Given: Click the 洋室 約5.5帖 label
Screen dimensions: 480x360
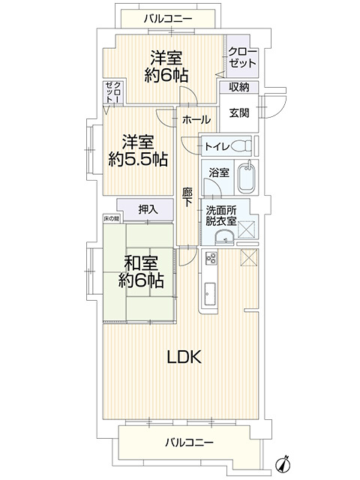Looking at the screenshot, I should pyautogui.click(x=137, y=150).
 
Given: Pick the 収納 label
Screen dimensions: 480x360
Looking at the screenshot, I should pyautogui.click(x=239, y=88).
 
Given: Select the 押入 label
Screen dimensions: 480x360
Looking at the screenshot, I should pyautogui.click(x=148, y=209).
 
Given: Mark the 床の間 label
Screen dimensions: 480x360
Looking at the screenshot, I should pyautogui.click(x=112, y=218).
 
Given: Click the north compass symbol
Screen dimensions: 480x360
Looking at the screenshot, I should pyautogui.click(x=283, y=463).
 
